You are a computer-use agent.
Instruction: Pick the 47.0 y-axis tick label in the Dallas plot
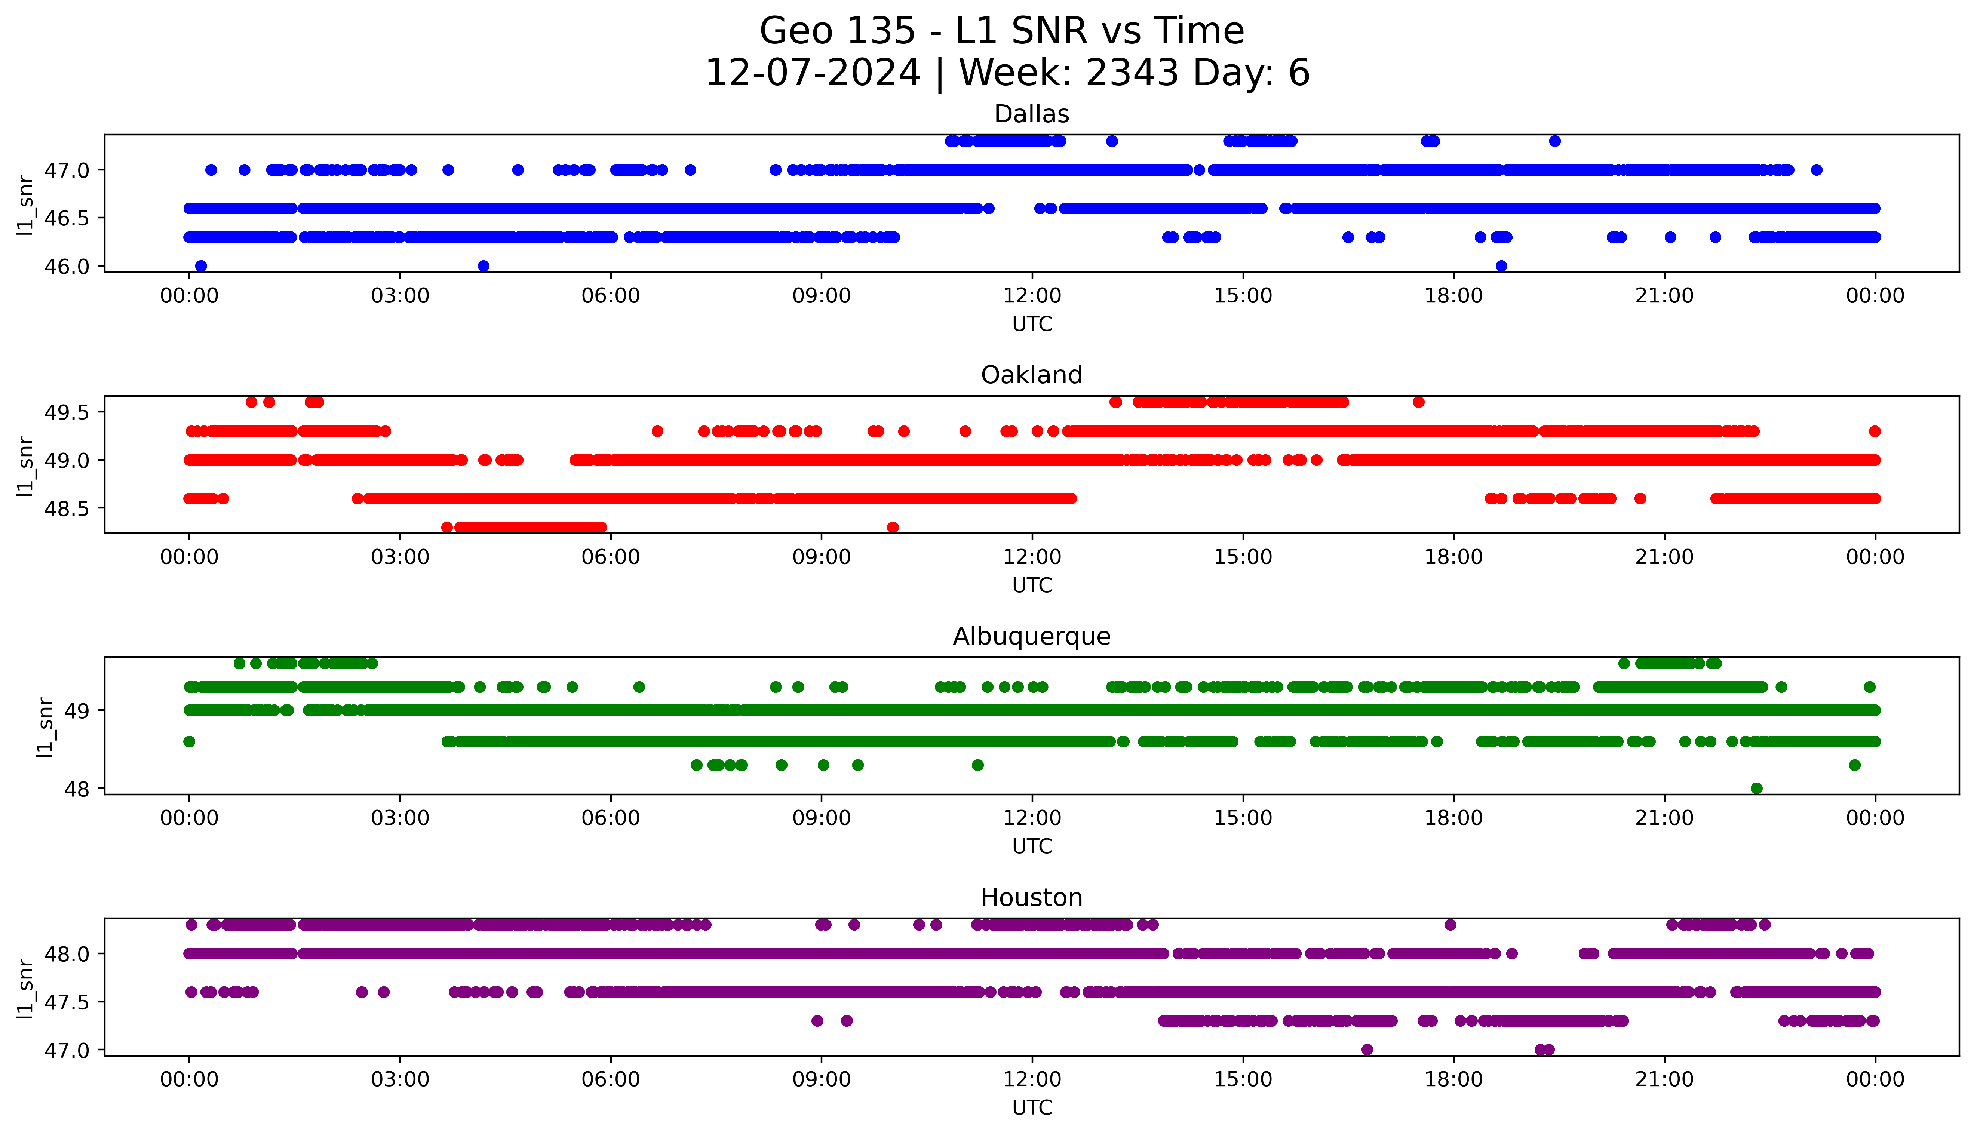67,170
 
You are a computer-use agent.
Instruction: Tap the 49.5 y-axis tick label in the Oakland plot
67,412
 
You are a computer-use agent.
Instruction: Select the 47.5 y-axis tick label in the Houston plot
67,1002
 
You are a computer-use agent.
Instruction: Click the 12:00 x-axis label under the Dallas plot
1032,296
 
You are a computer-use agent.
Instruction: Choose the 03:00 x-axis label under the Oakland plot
400,558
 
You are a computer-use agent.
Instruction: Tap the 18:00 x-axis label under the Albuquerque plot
1453,818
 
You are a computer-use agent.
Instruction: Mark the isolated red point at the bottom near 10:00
893,527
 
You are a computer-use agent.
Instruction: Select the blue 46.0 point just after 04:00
483,266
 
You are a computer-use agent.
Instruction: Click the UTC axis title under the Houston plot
1032,1107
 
